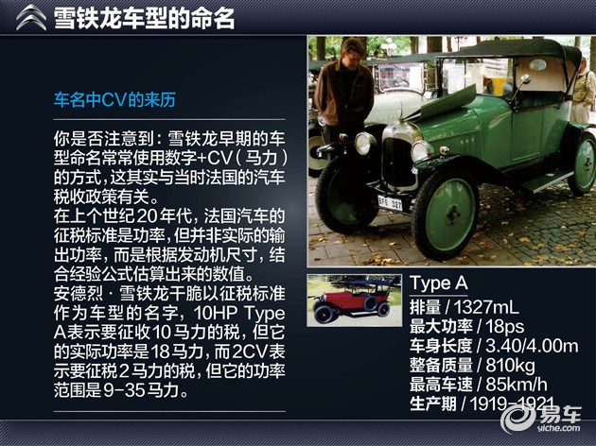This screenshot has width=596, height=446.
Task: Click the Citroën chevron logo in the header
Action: click(x=31, y=18)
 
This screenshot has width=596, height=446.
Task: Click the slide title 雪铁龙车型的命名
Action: click(x=145, y=18)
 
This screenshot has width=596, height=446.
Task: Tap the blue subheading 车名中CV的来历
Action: click(x=114, y=100)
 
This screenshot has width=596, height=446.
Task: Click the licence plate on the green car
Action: click(x=391, y=203)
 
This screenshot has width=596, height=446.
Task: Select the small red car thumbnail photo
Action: click(x=354, y=300)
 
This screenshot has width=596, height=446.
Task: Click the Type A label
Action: click(x=439, y=283)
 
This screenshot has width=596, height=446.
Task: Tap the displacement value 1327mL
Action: click(x=486, y=307)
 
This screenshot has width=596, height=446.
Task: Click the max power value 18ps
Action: click(x=505, y=326)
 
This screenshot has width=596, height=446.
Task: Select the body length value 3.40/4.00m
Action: click(x=532, y=346)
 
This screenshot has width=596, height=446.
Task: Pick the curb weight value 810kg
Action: click(x=510, y=366)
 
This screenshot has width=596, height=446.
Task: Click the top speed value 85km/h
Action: click(x=517, y=385)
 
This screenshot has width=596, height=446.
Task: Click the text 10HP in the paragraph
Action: click(x=216, y=314)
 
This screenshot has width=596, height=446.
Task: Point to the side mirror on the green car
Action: click(x=525, y=79)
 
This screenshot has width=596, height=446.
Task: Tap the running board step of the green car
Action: click(x=548, y=181)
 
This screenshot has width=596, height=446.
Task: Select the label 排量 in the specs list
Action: click(x=425, y=307)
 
